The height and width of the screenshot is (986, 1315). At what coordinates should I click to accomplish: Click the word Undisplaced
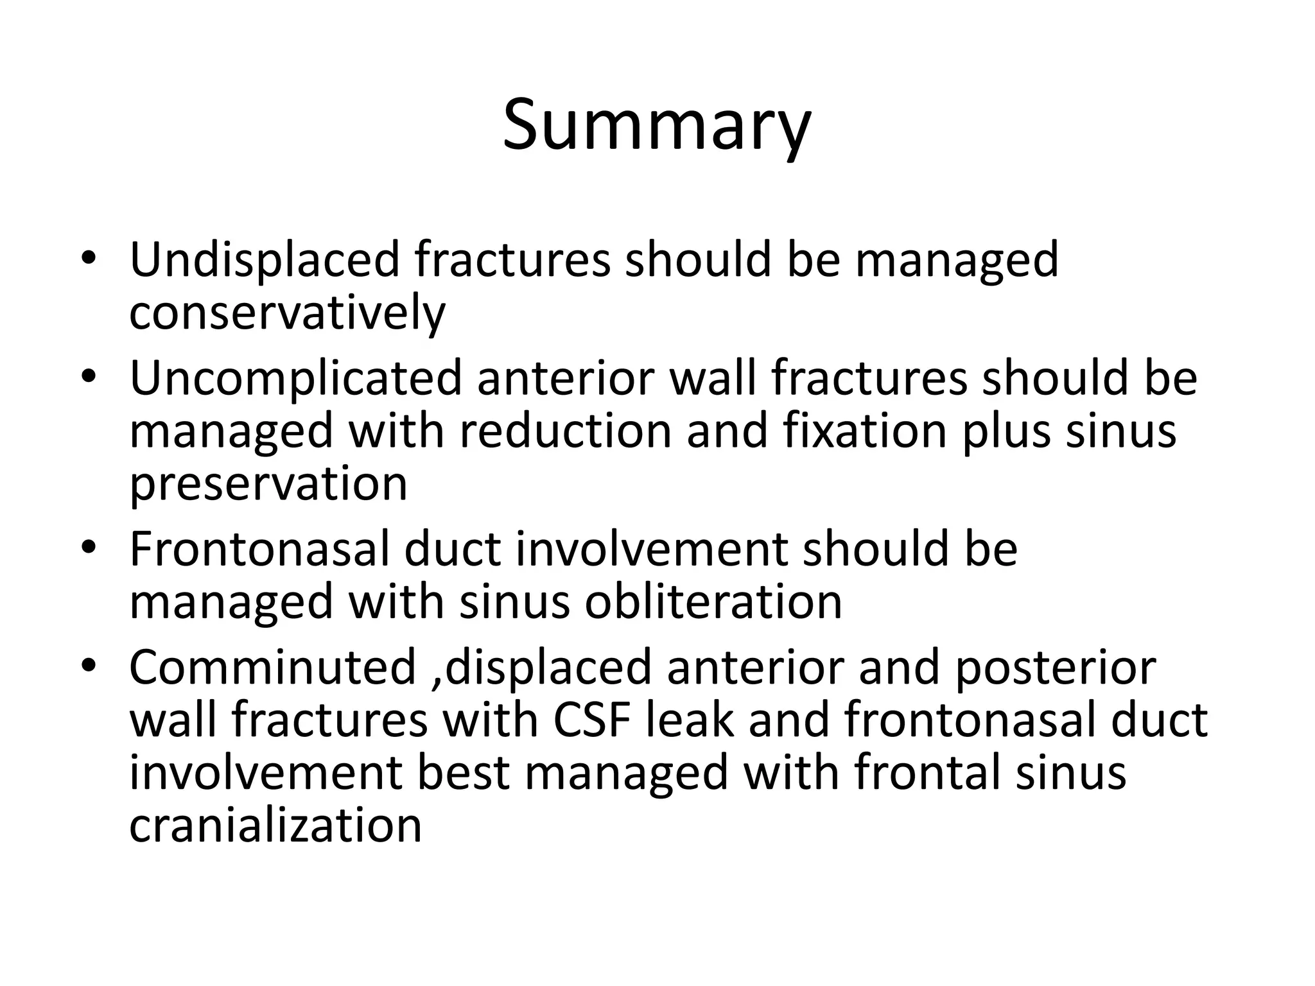coord(264,259)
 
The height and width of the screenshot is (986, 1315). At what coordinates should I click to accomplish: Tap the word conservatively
coord(287,313)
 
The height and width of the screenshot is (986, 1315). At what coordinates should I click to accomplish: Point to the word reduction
coord(565,431)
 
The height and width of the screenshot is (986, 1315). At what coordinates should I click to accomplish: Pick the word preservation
coord(268,485)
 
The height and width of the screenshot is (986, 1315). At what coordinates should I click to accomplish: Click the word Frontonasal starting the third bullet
coord(259,549)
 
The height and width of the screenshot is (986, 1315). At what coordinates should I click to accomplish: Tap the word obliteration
coord(713,602)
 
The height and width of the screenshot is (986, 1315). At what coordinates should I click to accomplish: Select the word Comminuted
coord(273,668)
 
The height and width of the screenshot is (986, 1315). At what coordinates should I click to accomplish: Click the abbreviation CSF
coord(591,720)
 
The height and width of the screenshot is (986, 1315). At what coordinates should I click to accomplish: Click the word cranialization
coord(275,826)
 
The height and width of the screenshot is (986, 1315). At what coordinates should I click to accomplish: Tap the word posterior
coord(1055,668)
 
